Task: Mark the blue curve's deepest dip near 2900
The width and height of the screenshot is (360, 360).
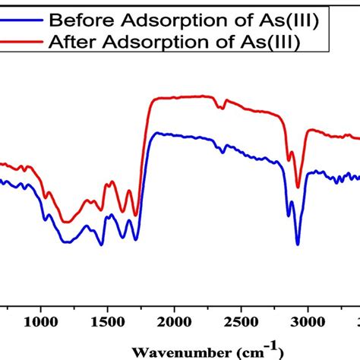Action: [x=297, y=244]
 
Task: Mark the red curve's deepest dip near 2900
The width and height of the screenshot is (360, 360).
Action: [x=298, y=187]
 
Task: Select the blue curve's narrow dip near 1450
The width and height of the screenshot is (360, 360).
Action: [x=101, y=245]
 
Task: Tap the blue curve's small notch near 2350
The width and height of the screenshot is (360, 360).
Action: [x=223, y=153]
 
